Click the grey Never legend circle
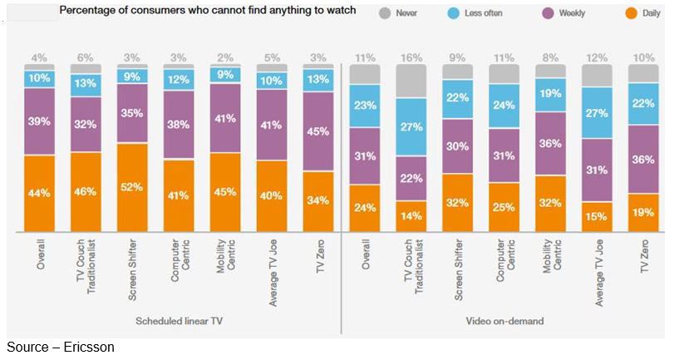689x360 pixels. (384, 12)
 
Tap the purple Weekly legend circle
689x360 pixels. (547, 12)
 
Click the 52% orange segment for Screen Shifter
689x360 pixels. (131, 187)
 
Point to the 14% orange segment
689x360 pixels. (411, 216)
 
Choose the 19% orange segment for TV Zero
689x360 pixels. (643, 213)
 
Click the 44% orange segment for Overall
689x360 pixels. (39, 193)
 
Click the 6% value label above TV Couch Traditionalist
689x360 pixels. (86, 57)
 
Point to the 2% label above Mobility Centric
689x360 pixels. (224, 57)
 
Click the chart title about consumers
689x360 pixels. (207, 11)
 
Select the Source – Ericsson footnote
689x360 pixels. (60, 347)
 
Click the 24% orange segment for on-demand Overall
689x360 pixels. (365, 208)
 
